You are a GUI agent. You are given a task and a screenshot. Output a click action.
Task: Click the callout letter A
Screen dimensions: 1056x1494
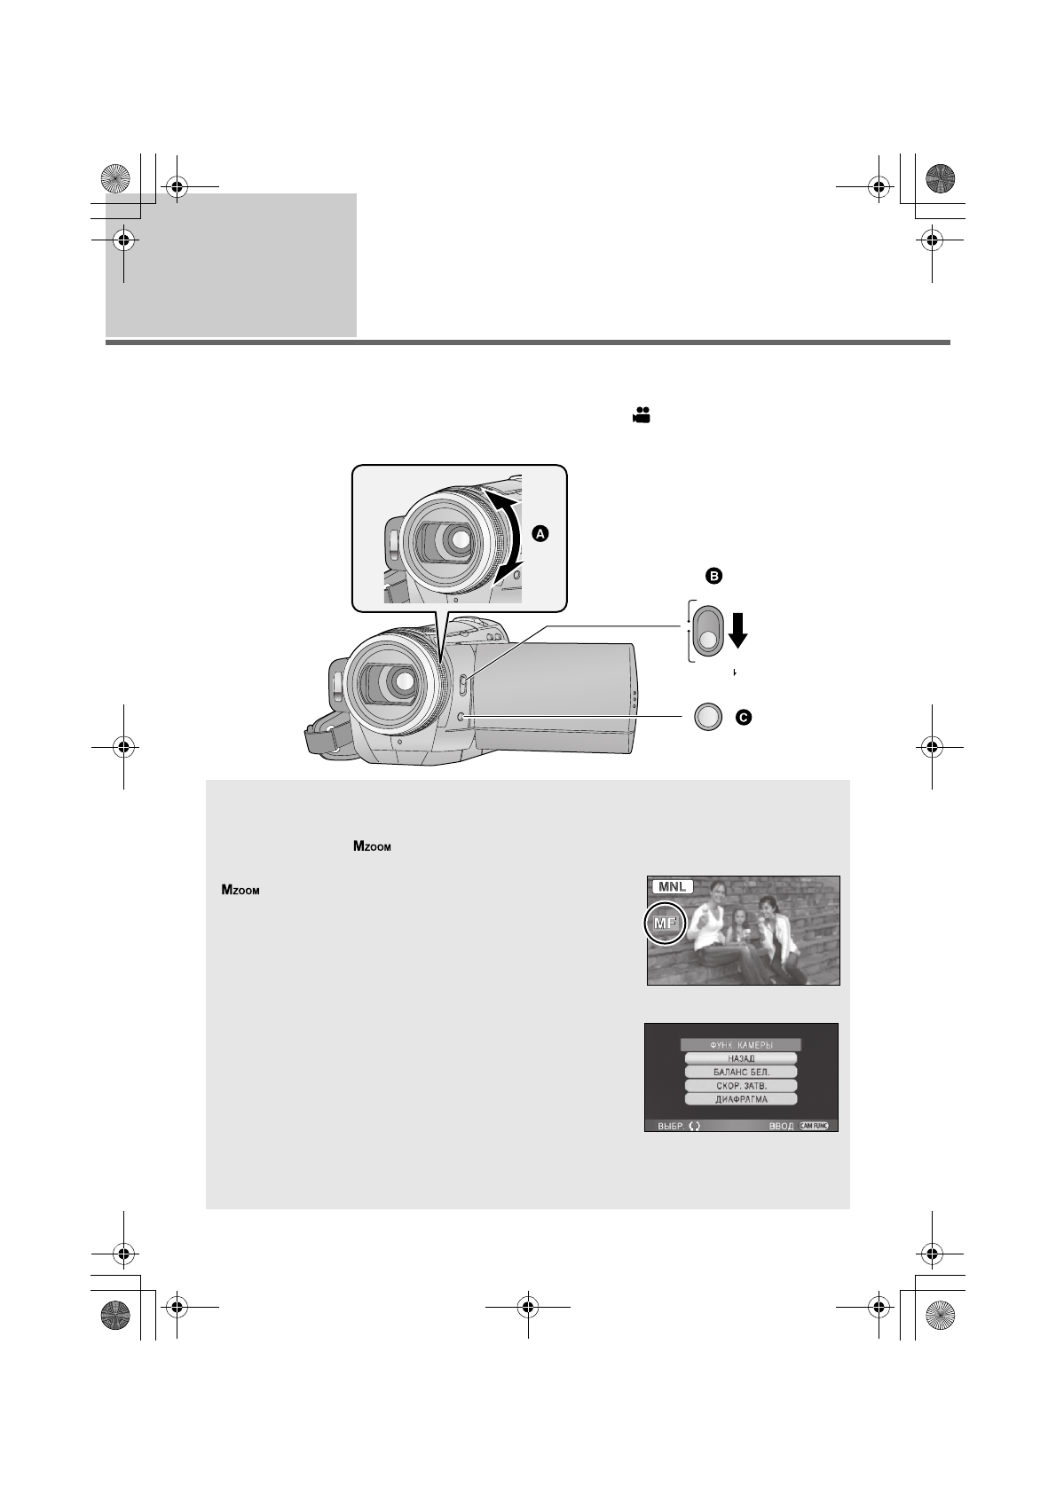pos(540,533)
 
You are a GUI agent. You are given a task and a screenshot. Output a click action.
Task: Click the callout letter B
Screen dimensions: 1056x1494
pos(713,577)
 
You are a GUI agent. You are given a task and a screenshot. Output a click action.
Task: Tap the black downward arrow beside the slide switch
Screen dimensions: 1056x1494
pos(737,629)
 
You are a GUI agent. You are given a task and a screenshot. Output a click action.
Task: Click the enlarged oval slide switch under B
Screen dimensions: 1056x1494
pos(707,631)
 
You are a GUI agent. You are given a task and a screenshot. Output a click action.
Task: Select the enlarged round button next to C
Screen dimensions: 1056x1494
pos(706,717)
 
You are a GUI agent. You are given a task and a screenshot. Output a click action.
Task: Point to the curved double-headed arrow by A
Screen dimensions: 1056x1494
pos(511,539)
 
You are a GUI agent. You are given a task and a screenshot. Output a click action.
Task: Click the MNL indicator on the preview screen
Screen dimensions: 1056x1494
pos(671,886)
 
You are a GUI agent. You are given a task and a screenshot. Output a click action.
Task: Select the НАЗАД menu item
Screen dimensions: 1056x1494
pos(741,1058)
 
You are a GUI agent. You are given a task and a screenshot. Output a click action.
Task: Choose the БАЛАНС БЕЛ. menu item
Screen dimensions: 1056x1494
pos(741,1072)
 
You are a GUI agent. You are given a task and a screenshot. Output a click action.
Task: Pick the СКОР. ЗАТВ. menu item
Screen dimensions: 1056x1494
pos(741,1086)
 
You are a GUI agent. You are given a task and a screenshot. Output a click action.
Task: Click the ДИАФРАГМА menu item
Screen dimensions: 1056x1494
pos(741,1099)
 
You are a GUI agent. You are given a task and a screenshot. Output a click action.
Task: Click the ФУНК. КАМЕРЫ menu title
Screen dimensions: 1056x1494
pos(741,1045)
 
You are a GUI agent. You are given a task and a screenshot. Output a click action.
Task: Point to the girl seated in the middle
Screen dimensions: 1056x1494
pos(739,936)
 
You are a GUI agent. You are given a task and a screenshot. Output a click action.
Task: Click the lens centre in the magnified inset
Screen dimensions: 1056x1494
pos(459,539)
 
